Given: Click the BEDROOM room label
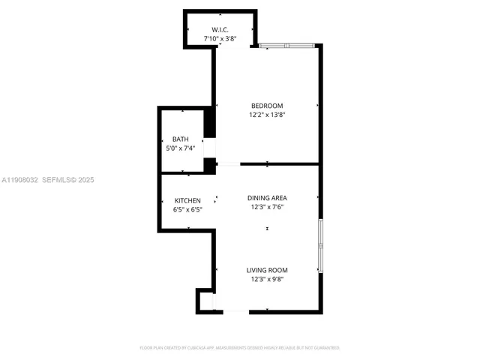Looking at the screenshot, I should point(267,106).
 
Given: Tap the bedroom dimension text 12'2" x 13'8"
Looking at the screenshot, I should point(267,115).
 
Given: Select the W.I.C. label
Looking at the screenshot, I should point(220,29).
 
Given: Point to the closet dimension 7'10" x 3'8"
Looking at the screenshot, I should point(220,37).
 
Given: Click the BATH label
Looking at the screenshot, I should point(181,139).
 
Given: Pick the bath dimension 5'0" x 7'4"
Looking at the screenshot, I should point(181,148).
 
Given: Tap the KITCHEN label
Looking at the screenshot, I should point(187,200).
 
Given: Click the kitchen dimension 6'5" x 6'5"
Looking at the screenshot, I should point(187,209).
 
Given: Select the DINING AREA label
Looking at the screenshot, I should point(267,198).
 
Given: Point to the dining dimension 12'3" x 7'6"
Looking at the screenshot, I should point(267,207).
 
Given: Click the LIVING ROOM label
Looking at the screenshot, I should point(267,270).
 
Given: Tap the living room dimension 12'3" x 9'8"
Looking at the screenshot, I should point(267,279).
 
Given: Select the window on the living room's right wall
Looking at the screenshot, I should point(320,245).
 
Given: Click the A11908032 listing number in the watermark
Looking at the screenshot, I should point(19,180).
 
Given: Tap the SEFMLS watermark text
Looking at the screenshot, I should point(58,180).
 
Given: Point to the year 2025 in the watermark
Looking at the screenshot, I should point(85,180).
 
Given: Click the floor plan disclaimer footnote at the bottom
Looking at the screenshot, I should point(240,348).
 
